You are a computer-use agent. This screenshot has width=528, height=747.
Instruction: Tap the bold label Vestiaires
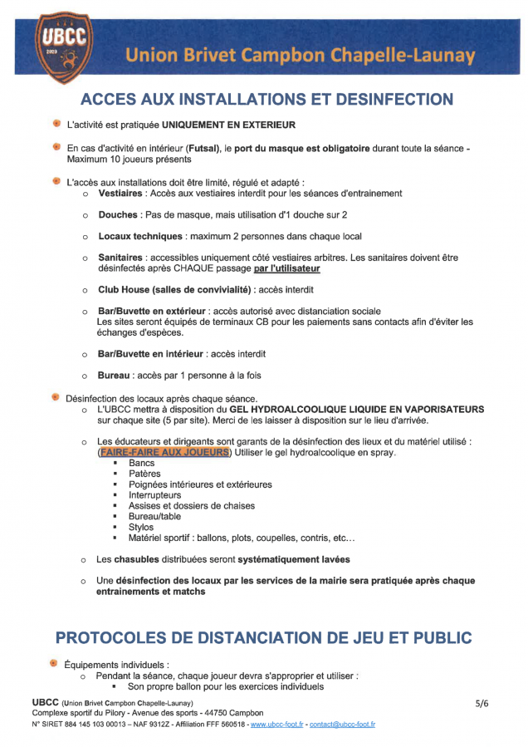click(121, 193)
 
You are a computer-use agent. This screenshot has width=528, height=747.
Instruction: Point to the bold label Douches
click(119, 214)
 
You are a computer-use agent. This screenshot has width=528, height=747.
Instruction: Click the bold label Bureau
click(115, 375)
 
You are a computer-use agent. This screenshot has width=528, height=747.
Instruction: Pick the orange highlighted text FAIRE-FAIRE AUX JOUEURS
click(163, 452)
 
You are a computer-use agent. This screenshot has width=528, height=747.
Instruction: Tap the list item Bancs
click(141, 463)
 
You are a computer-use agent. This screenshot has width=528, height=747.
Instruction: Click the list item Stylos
click(140, 527)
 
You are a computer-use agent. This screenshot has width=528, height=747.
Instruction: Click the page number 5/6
click(482, 703)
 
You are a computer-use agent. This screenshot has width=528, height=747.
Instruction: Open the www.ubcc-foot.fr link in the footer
click(276, 725)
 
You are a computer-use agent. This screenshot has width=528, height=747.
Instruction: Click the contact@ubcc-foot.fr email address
click(343, 725)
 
